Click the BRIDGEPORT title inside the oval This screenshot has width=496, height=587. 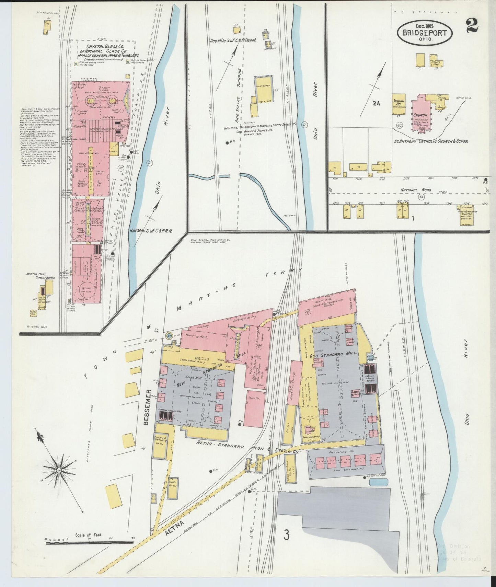pyautogui.click(x=425, y=33)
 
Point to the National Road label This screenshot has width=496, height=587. pyautogui.click(x=413, y=190)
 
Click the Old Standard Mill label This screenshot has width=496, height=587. pyautogui.click(x=338, y=353)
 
